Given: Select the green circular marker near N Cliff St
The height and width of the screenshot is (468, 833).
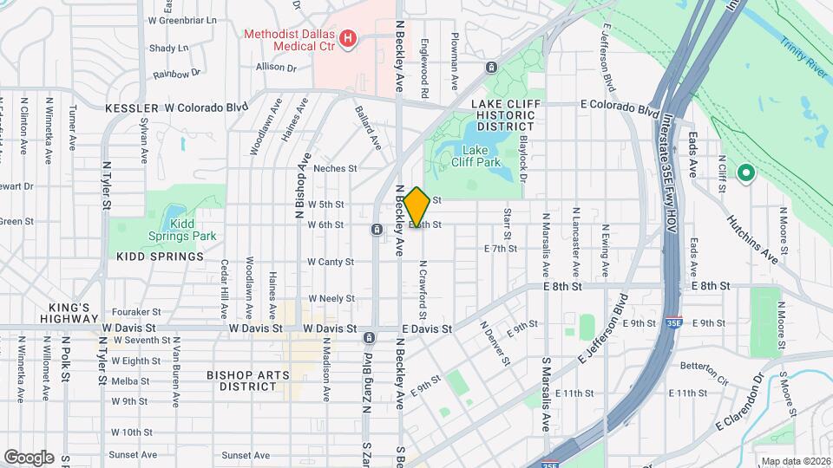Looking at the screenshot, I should coord(744,173).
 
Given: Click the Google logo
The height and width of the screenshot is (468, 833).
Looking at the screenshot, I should coord(29,458).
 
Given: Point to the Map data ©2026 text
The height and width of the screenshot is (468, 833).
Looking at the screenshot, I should coord(796,461).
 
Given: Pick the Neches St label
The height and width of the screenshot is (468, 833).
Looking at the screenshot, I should coord(335,168).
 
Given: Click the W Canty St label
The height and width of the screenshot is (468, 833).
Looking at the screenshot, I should coord(331,262).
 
